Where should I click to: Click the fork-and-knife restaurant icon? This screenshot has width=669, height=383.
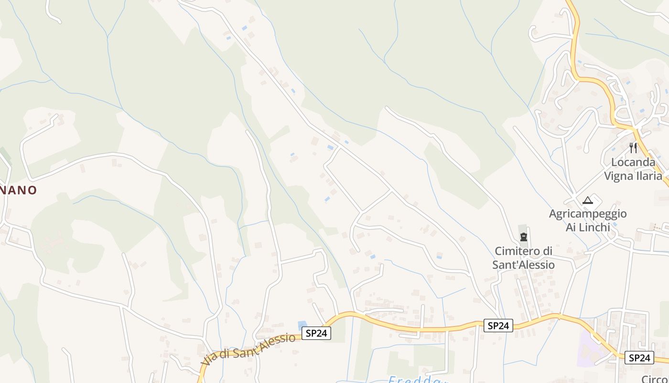click(x=633, y=147)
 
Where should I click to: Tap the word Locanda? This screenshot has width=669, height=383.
click(x=633, y=162)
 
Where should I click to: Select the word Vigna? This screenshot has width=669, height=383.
click(x=619, y=176)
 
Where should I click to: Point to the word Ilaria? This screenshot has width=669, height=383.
click(x=649, y=176)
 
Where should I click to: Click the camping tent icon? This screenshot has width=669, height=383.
click(x=587, y=200)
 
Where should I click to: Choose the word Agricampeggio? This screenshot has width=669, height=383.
click(x=588, y=214)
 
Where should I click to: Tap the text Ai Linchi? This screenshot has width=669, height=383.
click(x=588, y=227)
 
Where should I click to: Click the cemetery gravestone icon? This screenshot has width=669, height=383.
click(x=524, y=237)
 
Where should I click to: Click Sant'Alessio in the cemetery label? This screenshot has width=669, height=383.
click(x=523, y=265)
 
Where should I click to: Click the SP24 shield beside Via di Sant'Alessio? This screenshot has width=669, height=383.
click(x=316, y=333)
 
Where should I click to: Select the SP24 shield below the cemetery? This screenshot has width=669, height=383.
click(x=498, y=326)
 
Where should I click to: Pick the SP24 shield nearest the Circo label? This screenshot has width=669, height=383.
click(x=639, y=358)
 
